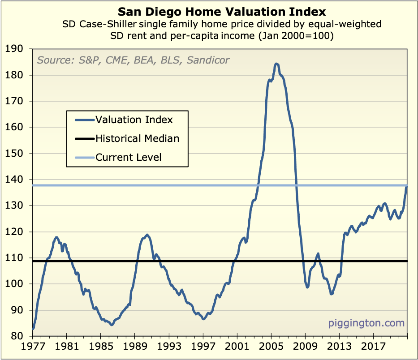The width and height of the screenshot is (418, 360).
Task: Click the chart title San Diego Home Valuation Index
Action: (x=222, y=11)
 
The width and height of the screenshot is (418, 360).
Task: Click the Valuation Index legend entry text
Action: (x=134, y=120)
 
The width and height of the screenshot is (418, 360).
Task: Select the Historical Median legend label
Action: (x=137, y=138)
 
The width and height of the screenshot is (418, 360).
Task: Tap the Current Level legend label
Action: (x=128, y=157)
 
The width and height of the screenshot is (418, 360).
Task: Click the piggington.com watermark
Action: (x=366, y=323)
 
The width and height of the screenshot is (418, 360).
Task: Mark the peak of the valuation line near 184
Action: (x=276, y=64)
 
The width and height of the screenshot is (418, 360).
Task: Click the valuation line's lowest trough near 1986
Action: (x=111, y=325)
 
